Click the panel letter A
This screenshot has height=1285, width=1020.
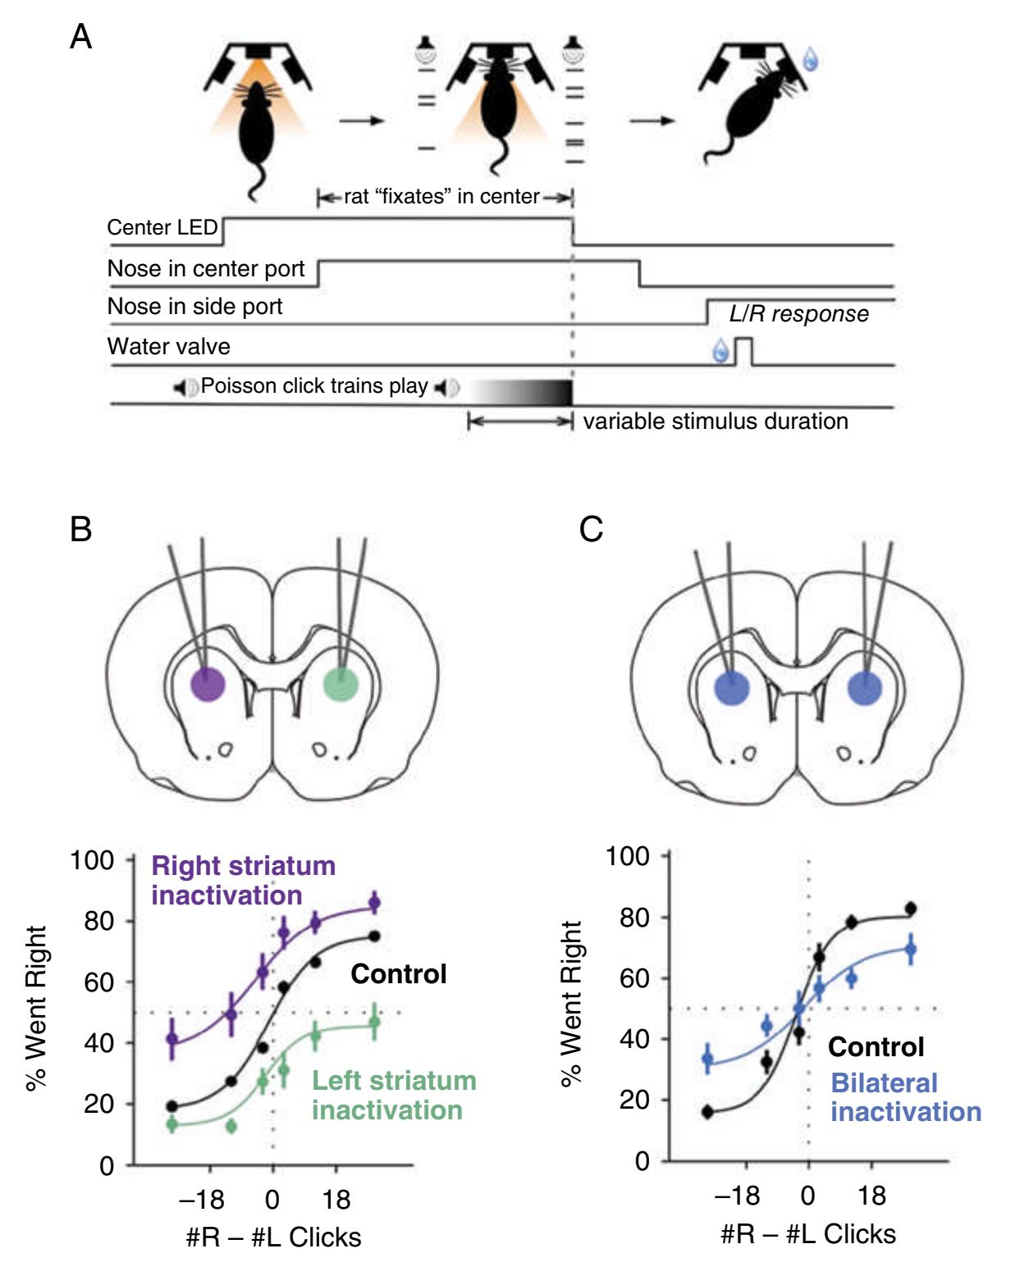(80, 37)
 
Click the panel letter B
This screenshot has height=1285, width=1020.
(80, 529)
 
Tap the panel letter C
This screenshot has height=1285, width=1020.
(591, 529)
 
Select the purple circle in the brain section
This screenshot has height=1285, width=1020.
(207, 684)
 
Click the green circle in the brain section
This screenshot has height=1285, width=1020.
(340, 684)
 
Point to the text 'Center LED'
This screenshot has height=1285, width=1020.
(162, 227)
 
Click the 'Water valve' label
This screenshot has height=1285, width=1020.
(168, 346)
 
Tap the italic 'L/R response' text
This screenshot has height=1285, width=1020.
(798, 314)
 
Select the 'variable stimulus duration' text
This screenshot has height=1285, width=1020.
(716, 421)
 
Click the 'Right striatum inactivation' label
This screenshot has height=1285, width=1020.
(244, 880)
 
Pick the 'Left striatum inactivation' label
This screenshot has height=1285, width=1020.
(394, 1095)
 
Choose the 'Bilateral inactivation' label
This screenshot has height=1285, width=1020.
(906, 1097)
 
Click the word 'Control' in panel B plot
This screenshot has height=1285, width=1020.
(399, 974)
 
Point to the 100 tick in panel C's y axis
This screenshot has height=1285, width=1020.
(628, 856)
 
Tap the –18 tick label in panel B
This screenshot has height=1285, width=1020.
(202, 1200)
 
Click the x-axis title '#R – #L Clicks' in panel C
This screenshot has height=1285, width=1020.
(808, 1234)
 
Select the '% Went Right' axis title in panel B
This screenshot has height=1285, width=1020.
(36, 1009)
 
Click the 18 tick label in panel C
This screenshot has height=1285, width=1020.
(871, 1196)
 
